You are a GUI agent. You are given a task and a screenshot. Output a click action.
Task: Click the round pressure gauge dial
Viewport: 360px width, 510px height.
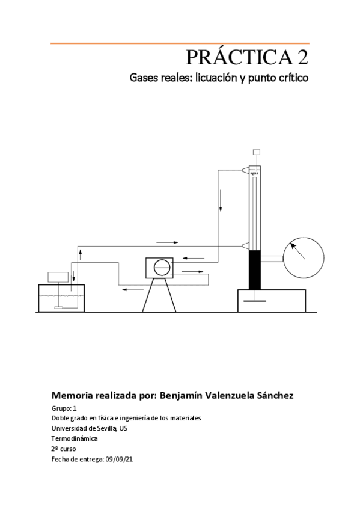[304, 259]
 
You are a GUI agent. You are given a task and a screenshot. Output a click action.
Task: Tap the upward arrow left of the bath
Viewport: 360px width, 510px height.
[80, 252]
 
